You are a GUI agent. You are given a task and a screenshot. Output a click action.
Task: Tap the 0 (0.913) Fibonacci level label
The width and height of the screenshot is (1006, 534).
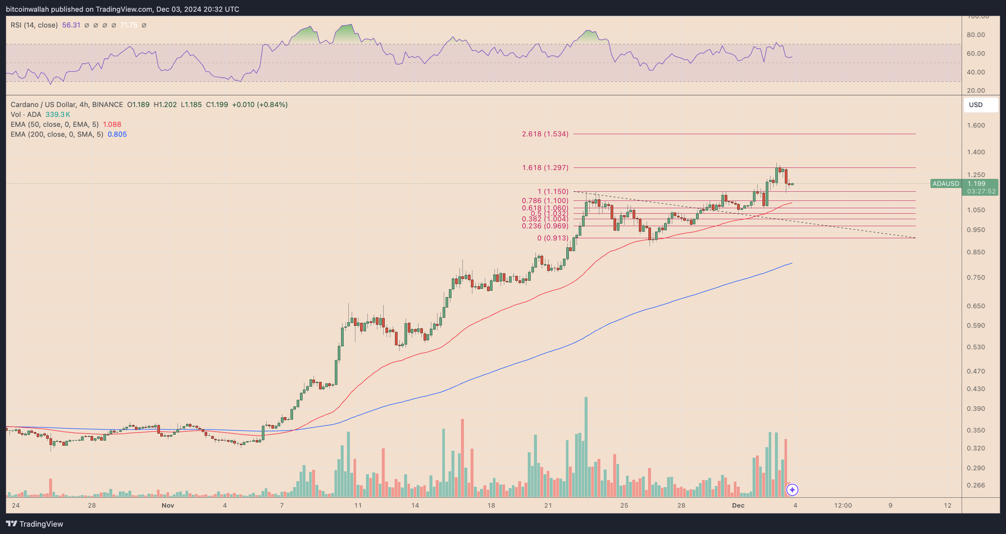pyautogui.click(x=552, y=238)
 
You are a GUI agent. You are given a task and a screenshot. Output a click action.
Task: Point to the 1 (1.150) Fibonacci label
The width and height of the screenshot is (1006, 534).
pyautogui.click(x=553, y=191)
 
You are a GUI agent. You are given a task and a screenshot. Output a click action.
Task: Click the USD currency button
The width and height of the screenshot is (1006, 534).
pyautogui.click(x=980, y=104)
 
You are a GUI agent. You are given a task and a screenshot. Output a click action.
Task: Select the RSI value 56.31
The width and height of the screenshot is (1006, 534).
pyautogui.click(x=71, y=25)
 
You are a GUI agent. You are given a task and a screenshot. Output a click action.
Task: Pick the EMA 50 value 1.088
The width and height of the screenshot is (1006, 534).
pyautogui.click(x=112, y=124)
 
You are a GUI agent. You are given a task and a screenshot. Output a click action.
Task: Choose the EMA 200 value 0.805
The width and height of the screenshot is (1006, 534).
pyautogui.click(x=117, y=134)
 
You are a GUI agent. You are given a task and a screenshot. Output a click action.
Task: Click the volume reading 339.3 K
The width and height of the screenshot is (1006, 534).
pyautogui.click(x=58, y=114)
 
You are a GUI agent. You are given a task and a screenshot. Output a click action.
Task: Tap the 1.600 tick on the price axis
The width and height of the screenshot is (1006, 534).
pyautogui.click(x=976, y=125)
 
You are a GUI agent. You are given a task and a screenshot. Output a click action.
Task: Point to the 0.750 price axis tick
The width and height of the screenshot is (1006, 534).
pyautogui.click(x=976, y=277)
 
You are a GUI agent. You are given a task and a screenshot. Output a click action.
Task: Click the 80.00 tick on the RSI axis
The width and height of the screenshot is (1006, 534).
pyautogui.click(x=976, y=35)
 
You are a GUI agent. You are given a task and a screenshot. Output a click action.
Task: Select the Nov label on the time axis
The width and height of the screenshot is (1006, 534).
pyautogui.click(x=168, y=505)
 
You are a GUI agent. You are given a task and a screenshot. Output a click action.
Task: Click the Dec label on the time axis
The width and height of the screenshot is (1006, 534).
pyautogui.click(x=738, y=505)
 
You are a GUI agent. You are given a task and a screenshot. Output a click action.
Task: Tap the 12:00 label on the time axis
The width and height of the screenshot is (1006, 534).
pyautogui.click(x=843, y=505)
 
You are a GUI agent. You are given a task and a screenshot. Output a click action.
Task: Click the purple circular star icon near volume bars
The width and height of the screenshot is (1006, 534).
pyautogui.click(x=792, y=490)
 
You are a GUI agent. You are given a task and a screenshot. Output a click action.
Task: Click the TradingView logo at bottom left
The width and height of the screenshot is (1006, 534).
pyautogui.click(x=34, y=524)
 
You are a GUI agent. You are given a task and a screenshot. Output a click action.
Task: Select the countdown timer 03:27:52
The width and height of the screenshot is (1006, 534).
pyautogui.click(x=981, y=191)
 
